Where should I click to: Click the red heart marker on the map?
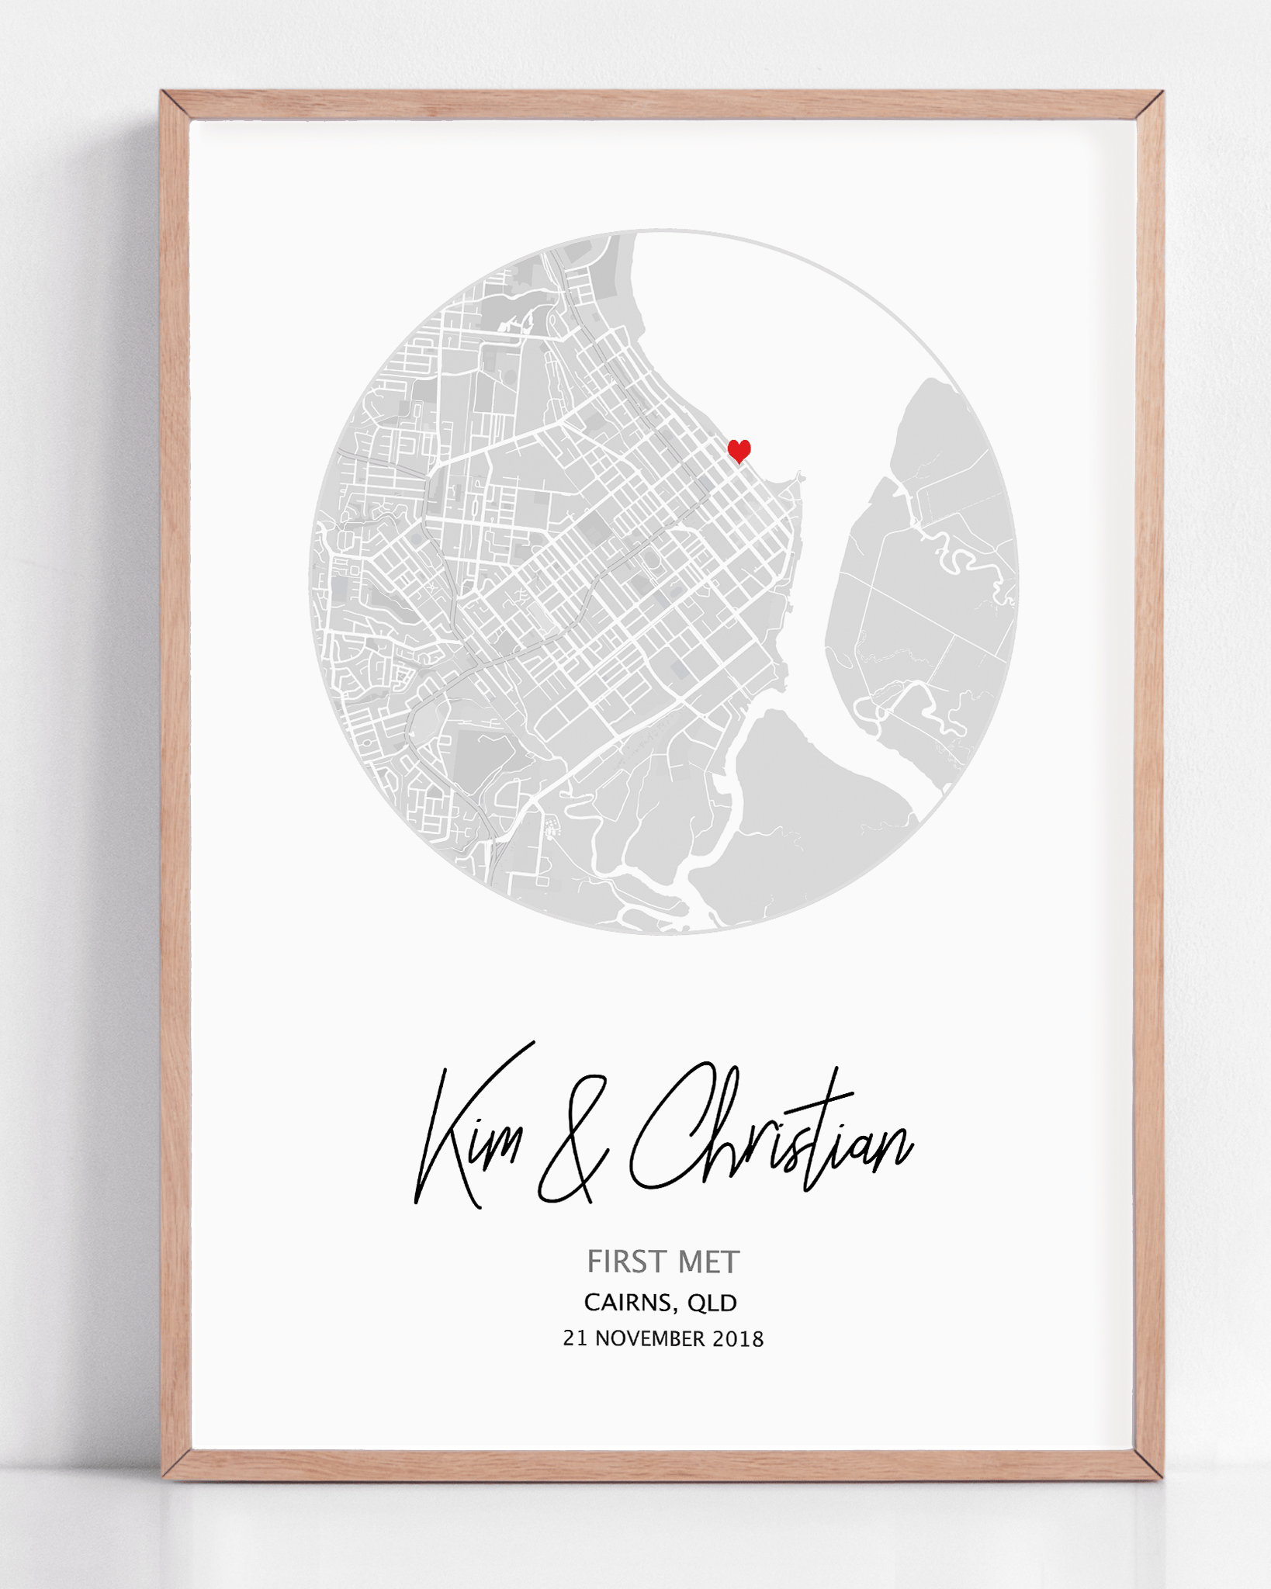click(x=739, y=449)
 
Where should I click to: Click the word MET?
click(x=709, y=1262)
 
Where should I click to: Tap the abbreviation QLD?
click(x=712, y=1303)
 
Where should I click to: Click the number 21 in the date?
click(x=575, y=1339)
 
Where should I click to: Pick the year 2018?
click(x=738, y=1339)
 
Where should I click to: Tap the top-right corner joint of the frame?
click(x=1149, y=106)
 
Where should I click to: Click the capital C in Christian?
click(x=667, y=1125)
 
